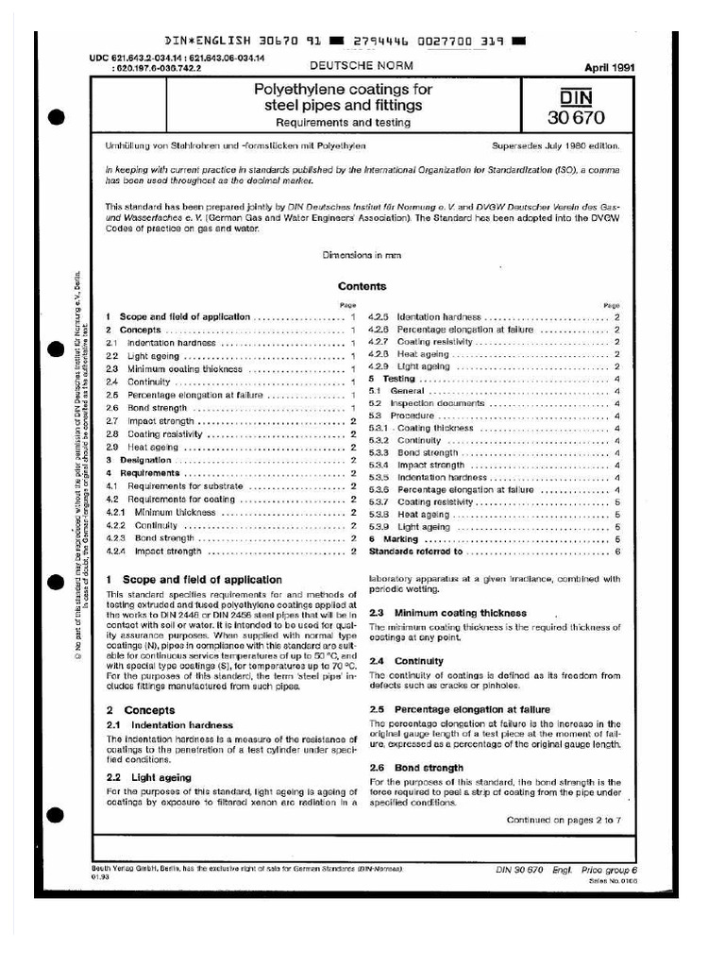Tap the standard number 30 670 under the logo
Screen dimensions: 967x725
(575, 118)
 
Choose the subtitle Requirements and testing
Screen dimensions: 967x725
(343, 123)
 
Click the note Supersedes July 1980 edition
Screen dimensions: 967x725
(556, 148)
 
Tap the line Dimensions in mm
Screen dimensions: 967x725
(362, 254)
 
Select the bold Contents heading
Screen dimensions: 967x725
(362, 286)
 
